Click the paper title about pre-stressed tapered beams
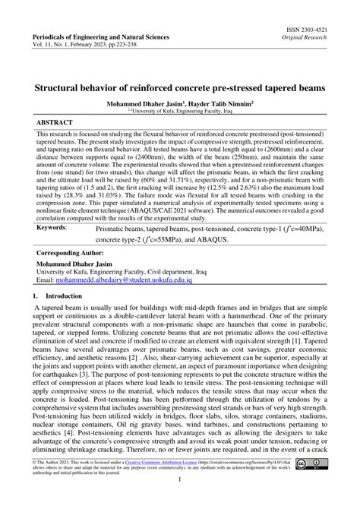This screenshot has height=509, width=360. [180, 87]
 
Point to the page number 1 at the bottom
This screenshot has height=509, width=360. [178, 501]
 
